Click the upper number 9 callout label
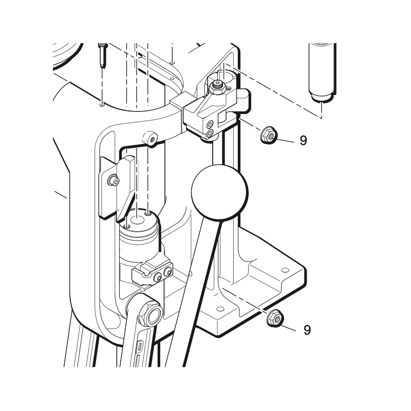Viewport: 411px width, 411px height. click(x=303, y=141)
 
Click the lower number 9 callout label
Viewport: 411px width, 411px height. click(x=307, y=330)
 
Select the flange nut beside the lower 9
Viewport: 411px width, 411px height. click(x=274, y=318)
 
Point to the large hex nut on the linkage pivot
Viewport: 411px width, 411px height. click(x=153, y=312)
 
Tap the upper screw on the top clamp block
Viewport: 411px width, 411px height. click(x=210, y=124)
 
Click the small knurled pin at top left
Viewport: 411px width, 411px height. click(x=103, y=54)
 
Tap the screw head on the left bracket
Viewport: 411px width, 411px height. click(x=111, y=180)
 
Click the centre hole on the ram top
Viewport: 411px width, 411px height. click(x=137, y=220)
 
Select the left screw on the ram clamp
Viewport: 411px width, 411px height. click(x=158, y=278)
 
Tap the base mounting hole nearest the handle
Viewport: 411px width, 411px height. click(x=220, y=309)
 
